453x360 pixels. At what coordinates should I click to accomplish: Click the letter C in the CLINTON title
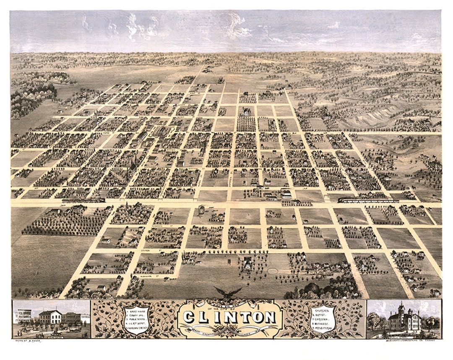tap(190, 317)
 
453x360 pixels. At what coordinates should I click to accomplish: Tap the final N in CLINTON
tap(269, 317)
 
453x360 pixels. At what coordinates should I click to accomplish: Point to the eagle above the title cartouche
tap(228, 292)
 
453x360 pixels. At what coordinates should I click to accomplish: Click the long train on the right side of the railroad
tap(368, 201)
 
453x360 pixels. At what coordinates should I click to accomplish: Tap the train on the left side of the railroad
tap(84, 201)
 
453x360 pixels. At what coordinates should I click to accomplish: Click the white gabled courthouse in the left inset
tap(50, 317)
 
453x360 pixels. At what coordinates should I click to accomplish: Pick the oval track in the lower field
tap(273, 271)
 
